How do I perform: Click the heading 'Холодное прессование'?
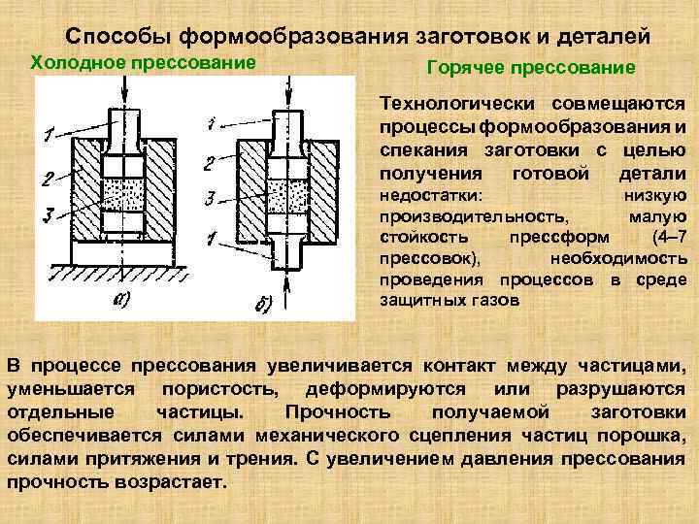click(x=144, y=63)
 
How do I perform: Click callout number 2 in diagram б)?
click(x=209, y=160)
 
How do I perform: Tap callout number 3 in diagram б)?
click(x=209, y=198)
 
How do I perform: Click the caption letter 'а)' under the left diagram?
click(x=122, y=298)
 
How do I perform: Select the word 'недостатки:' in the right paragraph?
click(x=420, y=196)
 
